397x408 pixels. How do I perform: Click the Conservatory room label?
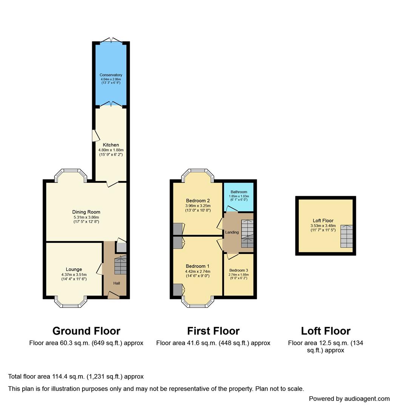point(111,75)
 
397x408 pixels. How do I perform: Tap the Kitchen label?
point(111,145)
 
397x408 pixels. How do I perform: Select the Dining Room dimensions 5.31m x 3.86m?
point(86,217)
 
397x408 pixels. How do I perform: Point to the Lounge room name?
point(74,269)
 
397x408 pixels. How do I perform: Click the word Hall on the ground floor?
point(117,283)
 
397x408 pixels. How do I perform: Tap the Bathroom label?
point(239,192)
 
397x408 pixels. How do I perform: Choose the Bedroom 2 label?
point(198,201)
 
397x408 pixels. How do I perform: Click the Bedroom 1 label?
point(198,266)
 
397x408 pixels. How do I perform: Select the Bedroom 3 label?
point(239,270)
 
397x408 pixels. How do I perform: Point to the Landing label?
point(232,232)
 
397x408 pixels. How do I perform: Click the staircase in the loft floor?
point(346,236)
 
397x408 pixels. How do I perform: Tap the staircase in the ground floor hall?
point(120,264)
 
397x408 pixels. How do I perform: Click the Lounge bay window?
point(71,302)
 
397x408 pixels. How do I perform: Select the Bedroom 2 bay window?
point(198,175)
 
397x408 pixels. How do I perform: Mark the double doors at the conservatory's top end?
point(111,40)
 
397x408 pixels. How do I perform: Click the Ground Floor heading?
point(87,331)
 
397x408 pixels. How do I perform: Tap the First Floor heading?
point(213,331)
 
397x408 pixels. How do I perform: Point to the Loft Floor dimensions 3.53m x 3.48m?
point(323,226)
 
